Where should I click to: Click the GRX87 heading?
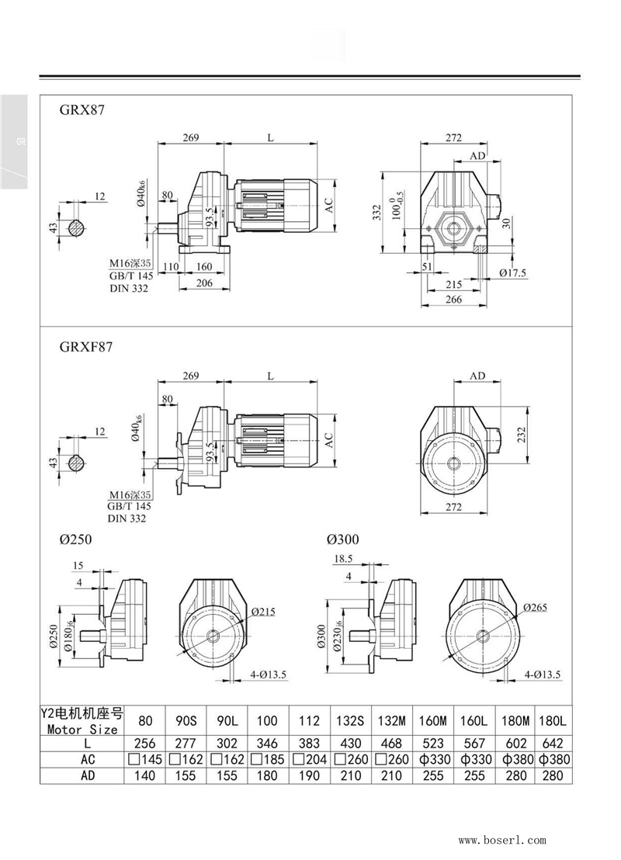coord(82,110)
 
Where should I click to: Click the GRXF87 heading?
coord(85,348)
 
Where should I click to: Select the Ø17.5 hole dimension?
coord(513,273)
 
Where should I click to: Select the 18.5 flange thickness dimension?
coord(343,558)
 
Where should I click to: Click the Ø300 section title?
coord(342,539)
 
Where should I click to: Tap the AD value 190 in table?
coord(310,775)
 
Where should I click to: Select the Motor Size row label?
coord(82,729)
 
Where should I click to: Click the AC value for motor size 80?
coord(144,759)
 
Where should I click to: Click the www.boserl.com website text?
coord(502,840)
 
